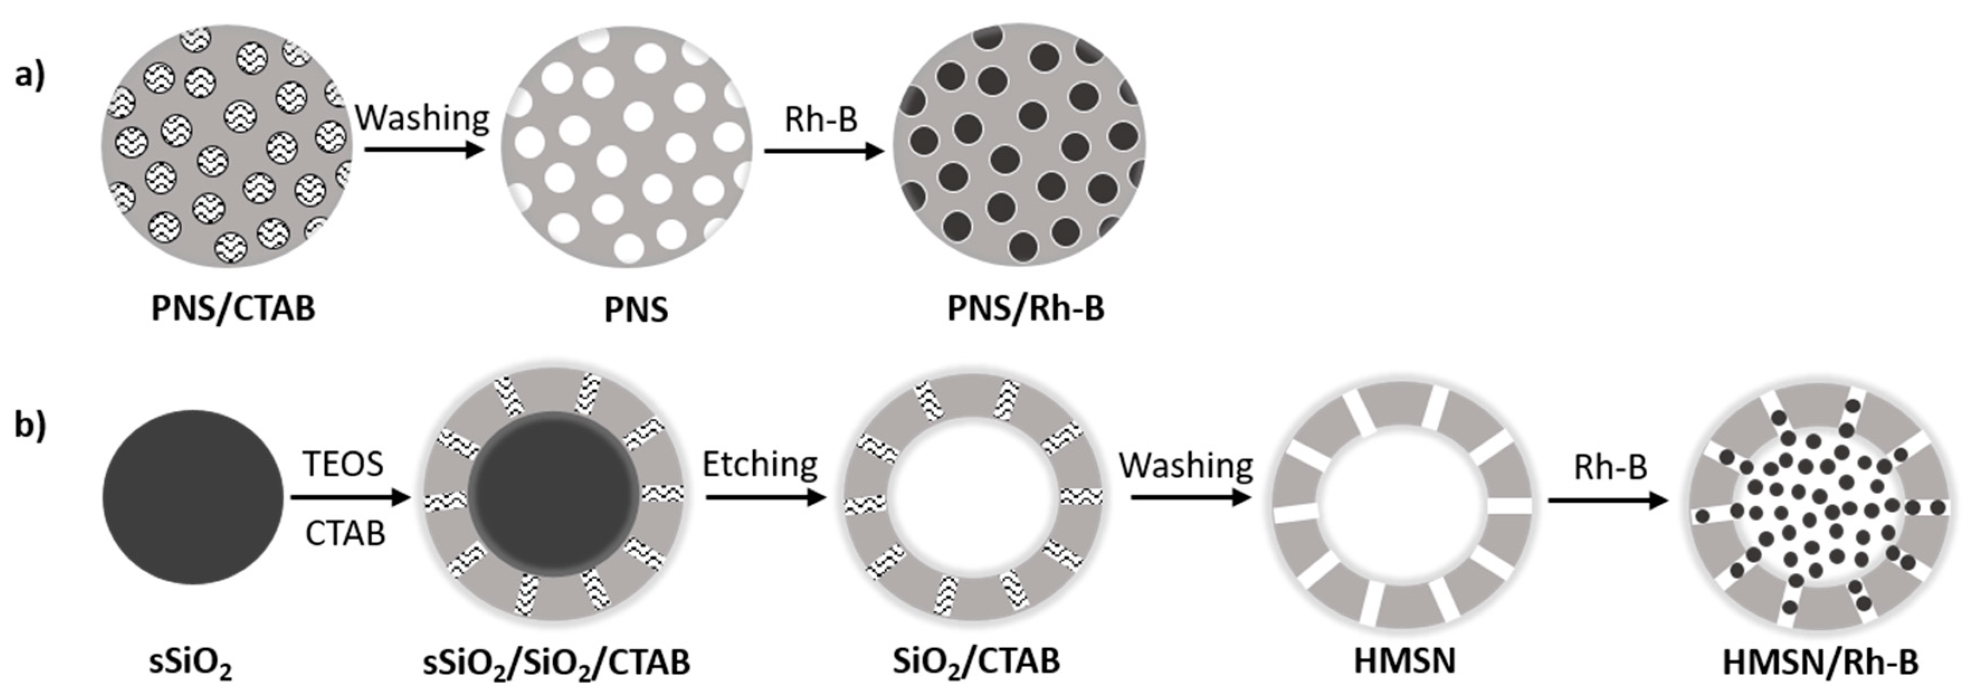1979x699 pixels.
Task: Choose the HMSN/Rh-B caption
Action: pyautogui.click(x=1820, y=662)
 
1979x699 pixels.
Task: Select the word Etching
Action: pyautogui.click(x=760, y=464)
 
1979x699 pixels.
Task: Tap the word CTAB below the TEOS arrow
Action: pyautogui.click(x=345, y=533)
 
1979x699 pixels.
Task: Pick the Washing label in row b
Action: pyautogui.click(x=1186, y=465)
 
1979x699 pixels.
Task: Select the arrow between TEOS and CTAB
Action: pyautogui.click(x=350, y=498)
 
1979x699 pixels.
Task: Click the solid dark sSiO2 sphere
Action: pyautogui.click(x=193, y=496)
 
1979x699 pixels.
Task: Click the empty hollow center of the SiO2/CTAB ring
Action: pyautogui.click(x=973, y=498)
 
